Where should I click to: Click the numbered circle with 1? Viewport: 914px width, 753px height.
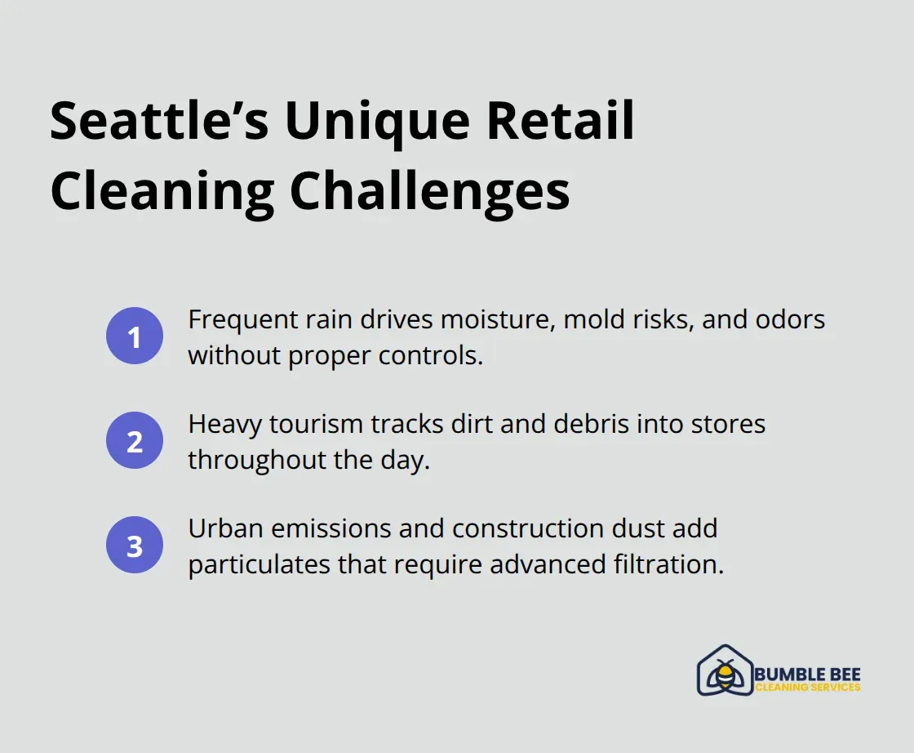point(135,336)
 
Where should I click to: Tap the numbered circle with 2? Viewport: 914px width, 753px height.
point(135,441)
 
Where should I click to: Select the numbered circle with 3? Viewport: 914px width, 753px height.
point(135,546)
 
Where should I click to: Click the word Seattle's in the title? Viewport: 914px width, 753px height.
point(158,123)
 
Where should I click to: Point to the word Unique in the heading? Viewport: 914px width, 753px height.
point(378,123)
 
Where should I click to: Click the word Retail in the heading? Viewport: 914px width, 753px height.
point(561,123)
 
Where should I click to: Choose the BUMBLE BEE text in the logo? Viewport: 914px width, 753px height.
point(807,675)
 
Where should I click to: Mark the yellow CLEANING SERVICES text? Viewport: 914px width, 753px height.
point(807,688)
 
